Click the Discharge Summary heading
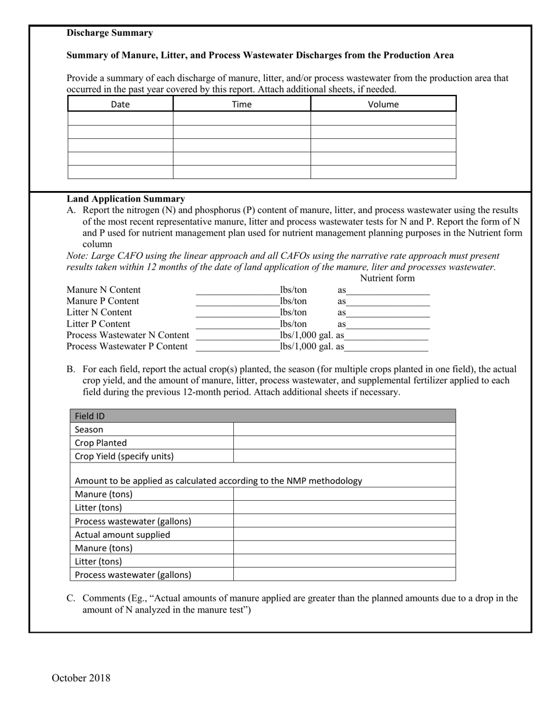pos(109,33)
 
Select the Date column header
pos(120,104)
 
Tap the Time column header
pos(241,104)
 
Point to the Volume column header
pos(383,104)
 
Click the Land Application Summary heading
pos(126,199)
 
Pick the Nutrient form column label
pos(387,278)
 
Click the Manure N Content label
pos(104,289)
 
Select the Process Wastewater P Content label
pos(127,346)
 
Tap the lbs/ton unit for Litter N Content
pos(294,313)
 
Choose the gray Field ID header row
pos(262,416)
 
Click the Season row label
pos(89,430)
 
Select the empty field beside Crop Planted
pos(344,443)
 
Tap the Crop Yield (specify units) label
pos(124,456)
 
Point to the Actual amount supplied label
pos(122,534)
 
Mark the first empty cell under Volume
pos(383,119)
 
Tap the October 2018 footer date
pos(81,678)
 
